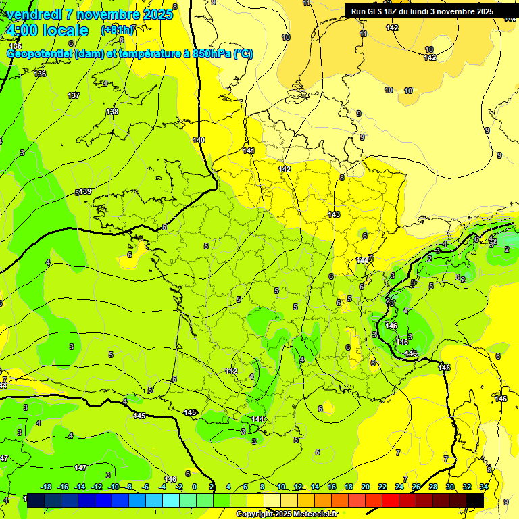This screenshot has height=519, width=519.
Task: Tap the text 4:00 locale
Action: (47, 30)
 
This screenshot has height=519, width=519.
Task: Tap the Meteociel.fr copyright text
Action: (287, 514)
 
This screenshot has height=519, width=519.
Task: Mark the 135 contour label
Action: (16, 46)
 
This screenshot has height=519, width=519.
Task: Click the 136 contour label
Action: (41, 74)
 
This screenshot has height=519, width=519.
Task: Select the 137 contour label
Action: (74, 95)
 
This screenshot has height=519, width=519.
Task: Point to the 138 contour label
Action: (112, 112)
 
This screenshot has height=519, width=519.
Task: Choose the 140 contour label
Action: (198, 140)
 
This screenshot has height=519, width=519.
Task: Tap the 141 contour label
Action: (249, 151)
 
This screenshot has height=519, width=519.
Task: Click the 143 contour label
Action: (334, 214)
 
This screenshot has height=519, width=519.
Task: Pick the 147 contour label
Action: (80, 468)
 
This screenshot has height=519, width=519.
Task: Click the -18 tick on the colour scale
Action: (46, 487)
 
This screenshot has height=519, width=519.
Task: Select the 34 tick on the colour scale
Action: (484, 487)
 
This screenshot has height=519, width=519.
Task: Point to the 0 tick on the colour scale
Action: (194, 487)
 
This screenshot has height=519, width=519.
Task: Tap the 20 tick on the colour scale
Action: (366, 487)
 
